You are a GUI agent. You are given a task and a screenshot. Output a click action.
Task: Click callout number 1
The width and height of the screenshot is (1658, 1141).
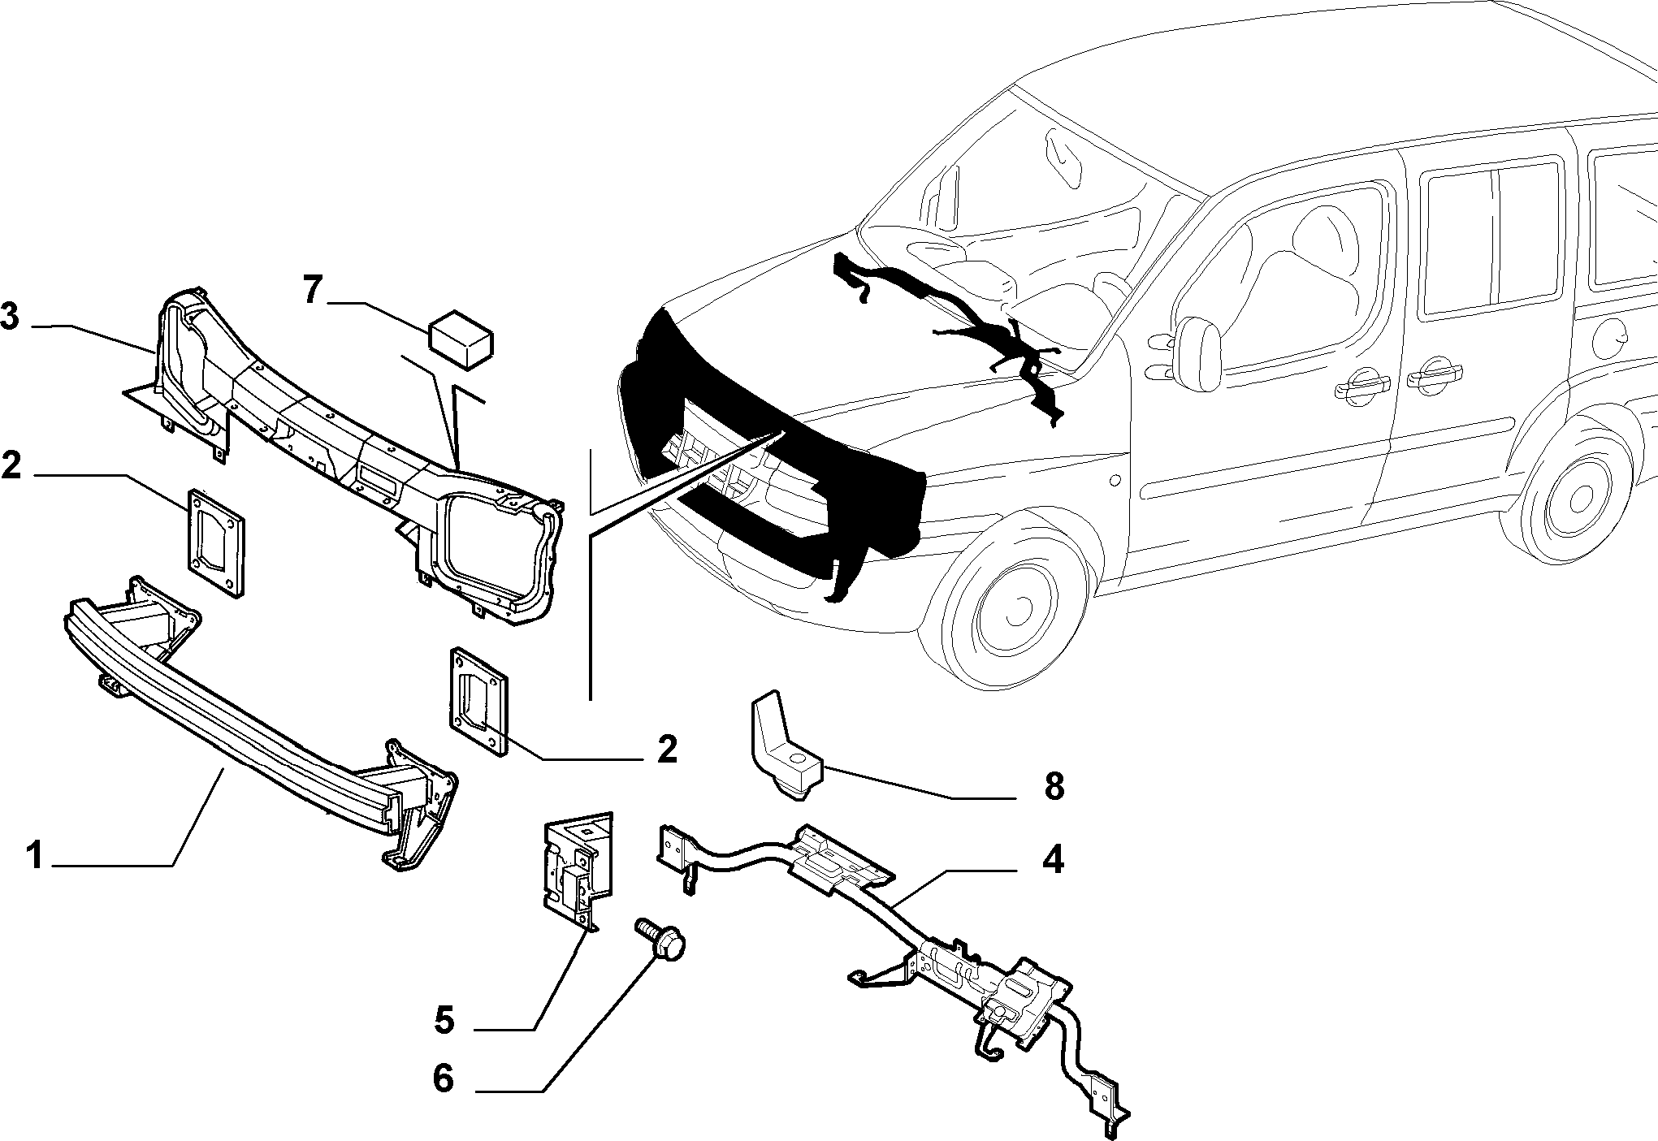pyautogui.click(x=34, y=856)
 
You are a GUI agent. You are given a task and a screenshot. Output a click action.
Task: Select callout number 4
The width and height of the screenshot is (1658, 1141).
pyautogui.click(x=1052, y=859)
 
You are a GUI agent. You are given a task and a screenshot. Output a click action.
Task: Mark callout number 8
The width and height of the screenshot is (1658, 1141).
pyautogui.click(x=1053, y=786)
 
